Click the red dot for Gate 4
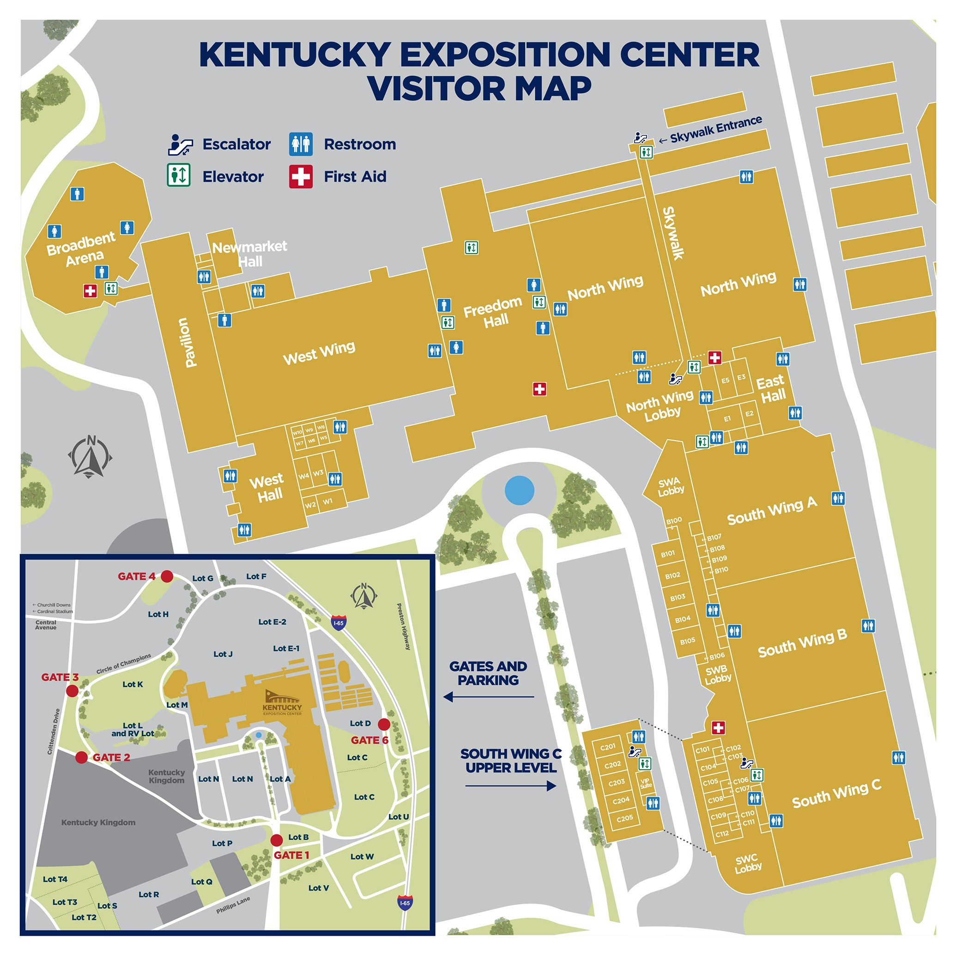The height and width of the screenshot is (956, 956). (x=167, y=576)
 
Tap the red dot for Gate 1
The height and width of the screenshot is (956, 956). (x=277, y=840)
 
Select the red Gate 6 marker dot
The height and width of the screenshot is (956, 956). (x=383, y=725)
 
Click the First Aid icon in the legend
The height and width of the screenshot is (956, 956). (x=301, y=176)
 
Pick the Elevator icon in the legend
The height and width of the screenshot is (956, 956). (x=179, y=175)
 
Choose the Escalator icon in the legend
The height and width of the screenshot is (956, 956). (x=180, y=144)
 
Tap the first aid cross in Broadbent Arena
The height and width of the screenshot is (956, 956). (x=90, y=291)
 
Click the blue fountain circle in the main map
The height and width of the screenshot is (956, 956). (x=519, y=490)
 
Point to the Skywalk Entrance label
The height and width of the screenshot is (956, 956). (x=715, y=129)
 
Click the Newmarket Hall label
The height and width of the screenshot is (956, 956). (x=249, y=254)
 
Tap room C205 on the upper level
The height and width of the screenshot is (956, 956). (x=624, y=818)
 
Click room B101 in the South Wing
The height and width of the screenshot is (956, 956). (x=667, y=554)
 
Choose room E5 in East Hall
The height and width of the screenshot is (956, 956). (x=725, y=381)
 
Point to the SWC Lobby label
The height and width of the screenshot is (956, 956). (x=747, y=864)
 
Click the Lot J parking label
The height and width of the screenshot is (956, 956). (x=223, y=654)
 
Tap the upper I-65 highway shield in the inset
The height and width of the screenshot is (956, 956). (x=339, y=623)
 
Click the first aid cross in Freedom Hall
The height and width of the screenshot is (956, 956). (x=539, y=389)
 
